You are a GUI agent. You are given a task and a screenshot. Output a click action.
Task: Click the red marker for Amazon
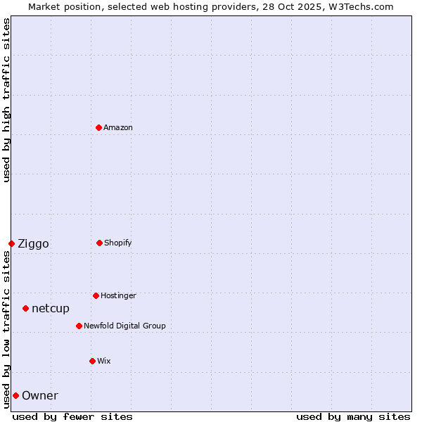pos(98,127)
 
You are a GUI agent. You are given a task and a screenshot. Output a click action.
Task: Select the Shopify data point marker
pos(99,243)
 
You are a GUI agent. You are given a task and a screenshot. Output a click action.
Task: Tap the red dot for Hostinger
pos(96,295)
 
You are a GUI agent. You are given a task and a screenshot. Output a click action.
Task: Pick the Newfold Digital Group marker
pos(79,326)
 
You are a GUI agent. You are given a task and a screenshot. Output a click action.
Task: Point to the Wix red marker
pos(92,361)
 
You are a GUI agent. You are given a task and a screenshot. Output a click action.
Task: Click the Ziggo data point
pos(11,243)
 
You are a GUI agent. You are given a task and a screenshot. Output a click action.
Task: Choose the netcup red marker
pos(25,308)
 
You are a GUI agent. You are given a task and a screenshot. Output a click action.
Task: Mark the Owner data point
pos(15,395)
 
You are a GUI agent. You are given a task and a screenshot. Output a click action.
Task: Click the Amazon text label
pos(118,128)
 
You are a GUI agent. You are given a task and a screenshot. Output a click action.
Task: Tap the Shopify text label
pos(118,243)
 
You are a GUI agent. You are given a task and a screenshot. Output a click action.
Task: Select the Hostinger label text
pos(118,296)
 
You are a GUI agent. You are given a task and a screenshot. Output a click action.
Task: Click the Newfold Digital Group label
pos(124,326)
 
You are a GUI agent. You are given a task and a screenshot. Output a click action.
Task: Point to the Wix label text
pos(104,362)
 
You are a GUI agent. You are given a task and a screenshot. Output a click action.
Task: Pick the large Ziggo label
pos(33,244)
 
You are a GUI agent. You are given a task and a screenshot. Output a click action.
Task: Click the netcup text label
pos(51,309)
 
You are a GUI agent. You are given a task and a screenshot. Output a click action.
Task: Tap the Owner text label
pos(40,396)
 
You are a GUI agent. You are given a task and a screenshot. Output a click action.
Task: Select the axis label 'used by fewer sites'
pos(72,416)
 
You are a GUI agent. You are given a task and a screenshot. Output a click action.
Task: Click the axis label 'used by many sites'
pos(353,416)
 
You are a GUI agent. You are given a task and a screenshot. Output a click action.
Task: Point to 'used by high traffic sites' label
pos(6,100)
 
